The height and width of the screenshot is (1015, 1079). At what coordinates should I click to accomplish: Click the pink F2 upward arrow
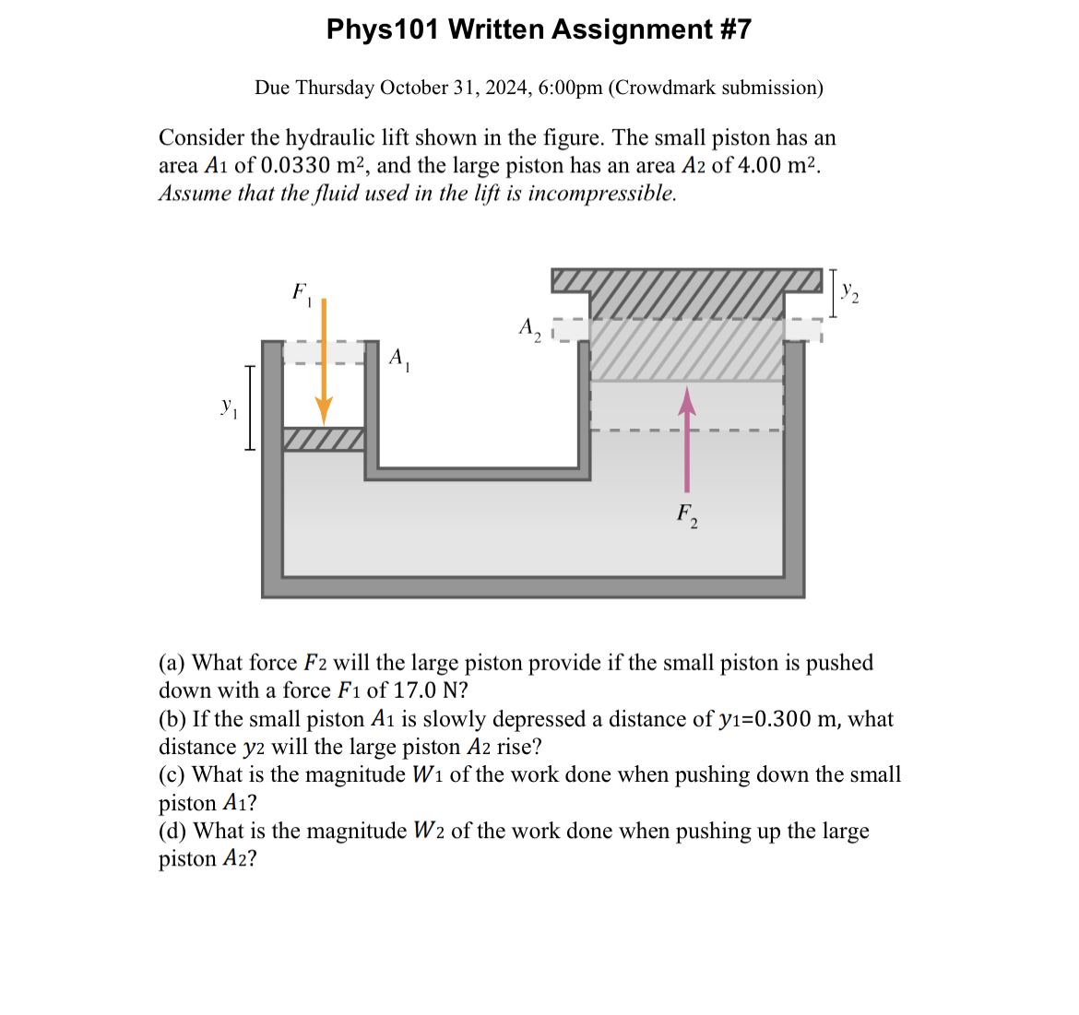tap(686, 443)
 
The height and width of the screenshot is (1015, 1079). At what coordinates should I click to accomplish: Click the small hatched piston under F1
tap(324, 439)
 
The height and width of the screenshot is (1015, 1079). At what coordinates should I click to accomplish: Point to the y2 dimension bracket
tap(833, 293)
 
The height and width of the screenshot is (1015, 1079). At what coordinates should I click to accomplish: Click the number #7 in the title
tap(734, 30)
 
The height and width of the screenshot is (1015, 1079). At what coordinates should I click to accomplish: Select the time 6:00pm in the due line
tap(570, 88)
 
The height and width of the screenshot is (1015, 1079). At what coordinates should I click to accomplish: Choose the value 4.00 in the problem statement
tap(760, 166)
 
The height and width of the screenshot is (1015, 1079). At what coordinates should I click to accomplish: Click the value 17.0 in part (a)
tap(409, 690)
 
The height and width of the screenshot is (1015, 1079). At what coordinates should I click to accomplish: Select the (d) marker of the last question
tap(172, 832)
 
